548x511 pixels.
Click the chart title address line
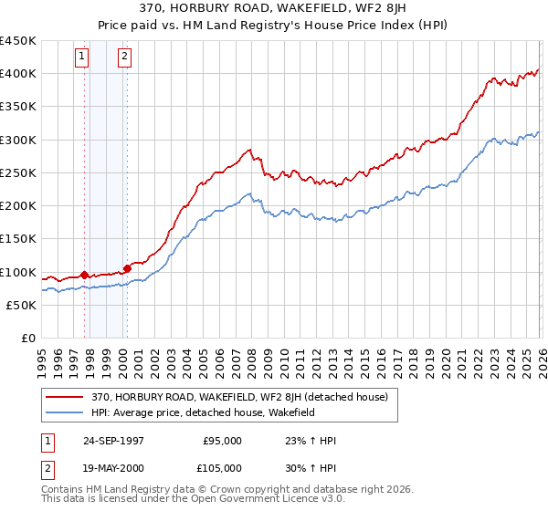point(273,9)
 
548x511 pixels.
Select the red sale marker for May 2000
point(127,268)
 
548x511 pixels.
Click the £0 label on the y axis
point(27,339)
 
